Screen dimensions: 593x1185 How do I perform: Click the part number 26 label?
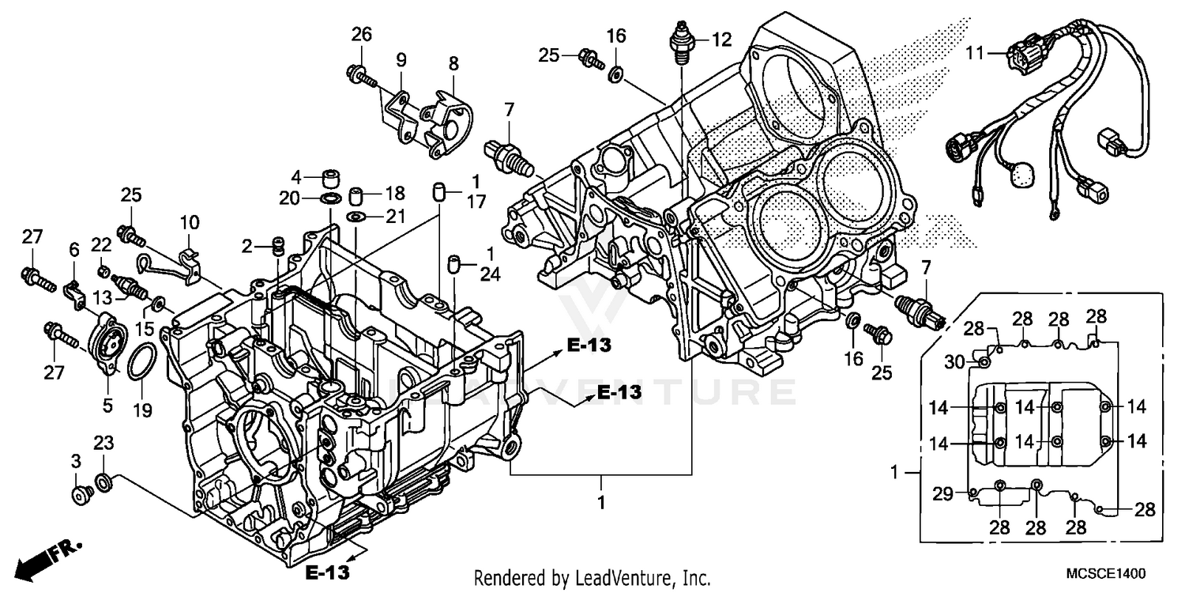[x=361, y=35]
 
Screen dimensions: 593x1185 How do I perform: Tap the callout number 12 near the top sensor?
[x=720, y=38]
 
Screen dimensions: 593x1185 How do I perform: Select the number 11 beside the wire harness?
[x=975, y=54]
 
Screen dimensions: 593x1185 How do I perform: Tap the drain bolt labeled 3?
[x=81, y=494]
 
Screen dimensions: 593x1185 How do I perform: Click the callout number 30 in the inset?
[x=955, y=362]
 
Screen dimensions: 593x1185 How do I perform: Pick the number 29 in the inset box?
[x=942, y=493]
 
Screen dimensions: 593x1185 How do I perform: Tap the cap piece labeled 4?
[x=329, y=176]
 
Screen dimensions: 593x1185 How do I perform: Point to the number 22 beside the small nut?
[x=101, y=245]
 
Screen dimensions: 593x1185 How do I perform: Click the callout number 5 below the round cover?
[x=107, y=406]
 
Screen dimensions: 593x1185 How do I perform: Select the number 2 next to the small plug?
[x=247, y=247]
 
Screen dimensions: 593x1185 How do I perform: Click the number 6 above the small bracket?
[x=74, y=250]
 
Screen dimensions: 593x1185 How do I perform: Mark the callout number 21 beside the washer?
[x=394, y=216]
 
